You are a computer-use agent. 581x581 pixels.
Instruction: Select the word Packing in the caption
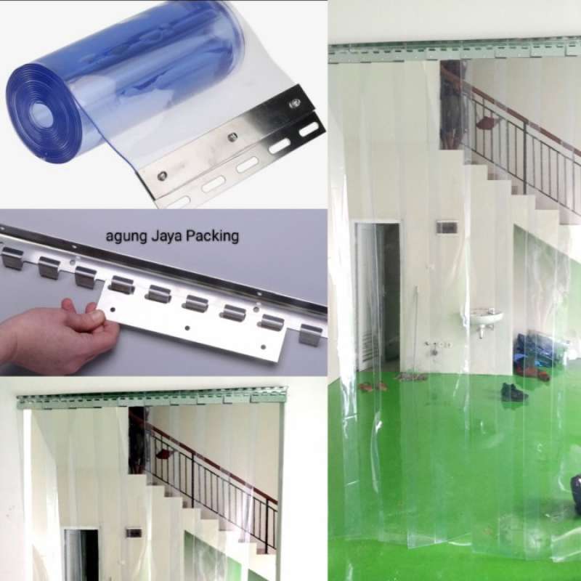[x=214, y=237]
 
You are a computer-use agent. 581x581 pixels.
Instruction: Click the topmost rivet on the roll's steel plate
[x=295, y=104]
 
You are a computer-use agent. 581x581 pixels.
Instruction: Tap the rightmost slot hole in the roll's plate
[x=309, y=129]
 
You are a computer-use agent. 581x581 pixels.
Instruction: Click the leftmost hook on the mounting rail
[x=12, y=258]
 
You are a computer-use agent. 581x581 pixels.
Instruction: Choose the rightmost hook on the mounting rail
[x=310, y=334]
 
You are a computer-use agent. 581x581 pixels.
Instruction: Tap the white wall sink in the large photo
[x=485, y=317]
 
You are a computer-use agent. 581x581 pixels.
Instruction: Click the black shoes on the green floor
[x=513, y=392]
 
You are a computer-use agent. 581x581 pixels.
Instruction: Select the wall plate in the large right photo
[x=447, y=227]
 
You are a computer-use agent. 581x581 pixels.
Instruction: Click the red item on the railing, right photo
[x=486, y=123]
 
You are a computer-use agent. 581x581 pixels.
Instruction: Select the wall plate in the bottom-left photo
[x=134, y=532]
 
